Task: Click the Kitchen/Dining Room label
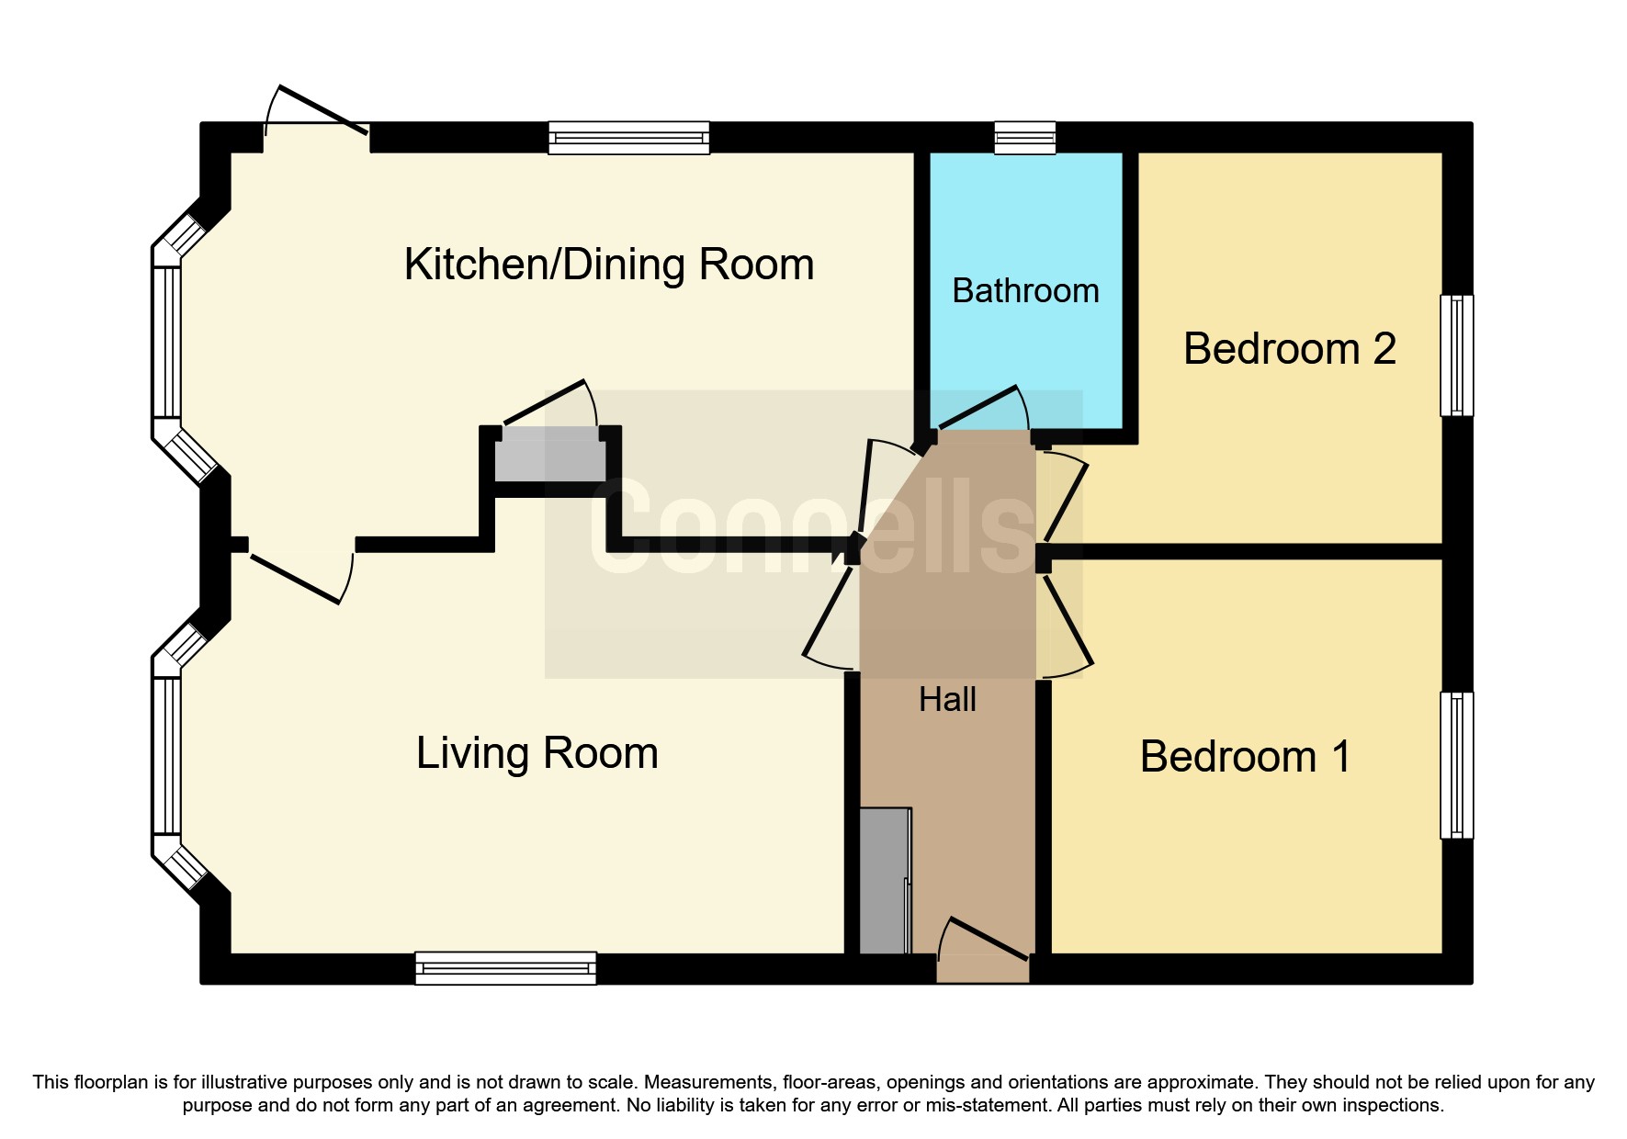(609, 265)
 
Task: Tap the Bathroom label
(1025, 291)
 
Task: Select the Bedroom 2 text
(1289, 349)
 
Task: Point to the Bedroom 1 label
(1245, 757)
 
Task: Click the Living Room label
(537, 753)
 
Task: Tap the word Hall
(947, 700)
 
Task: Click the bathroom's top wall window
(1025, 138)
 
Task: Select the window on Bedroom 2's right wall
(1456, 355)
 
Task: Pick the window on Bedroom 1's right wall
(1456, 764)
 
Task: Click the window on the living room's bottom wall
(505, 968)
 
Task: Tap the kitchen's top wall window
(629, 138)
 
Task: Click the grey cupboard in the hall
(885, 880)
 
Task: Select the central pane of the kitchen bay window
(167, 342)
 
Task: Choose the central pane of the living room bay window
(167, 755)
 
